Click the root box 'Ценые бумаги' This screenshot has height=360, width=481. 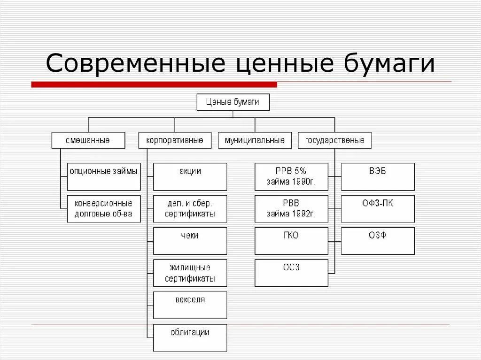(233, 102)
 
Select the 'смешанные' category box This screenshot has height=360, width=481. (88, 140)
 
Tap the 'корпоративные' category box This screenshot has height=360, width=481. (175, 140)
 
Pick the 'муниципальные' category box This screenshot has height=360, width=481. (255, 140)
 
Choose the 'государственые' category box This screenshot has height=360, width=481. (334, 140)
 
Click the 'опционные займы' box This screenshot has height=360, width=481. (104, 176)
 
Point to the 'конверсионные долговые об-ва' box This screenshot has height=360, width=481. (104, 209)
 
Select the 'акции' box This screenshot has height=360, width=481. (190, 176)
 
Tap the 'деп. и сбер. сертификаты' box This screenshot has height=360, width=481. (190, 209)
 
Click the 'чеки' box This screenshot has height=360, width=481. (190, 241)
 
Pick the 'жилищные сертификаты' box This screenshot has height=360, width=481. (190, 273)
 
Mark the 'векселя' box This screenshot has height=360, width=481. (190, 305)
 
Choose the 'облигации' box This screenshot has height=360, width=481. (190, 337)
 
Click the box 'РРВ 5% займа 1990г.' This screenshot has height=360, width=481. (291, 176)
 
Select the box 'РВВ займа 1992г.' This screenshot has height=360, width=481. (291, 209)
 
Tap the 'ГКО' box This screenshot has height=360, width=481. (291, 241)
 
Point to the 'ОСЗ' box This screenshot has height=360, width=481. (291, 273)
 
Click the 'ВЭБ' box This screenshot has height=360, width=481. (378, 176)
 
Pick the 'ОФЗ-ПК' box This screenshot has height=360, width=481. (378, 209)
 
